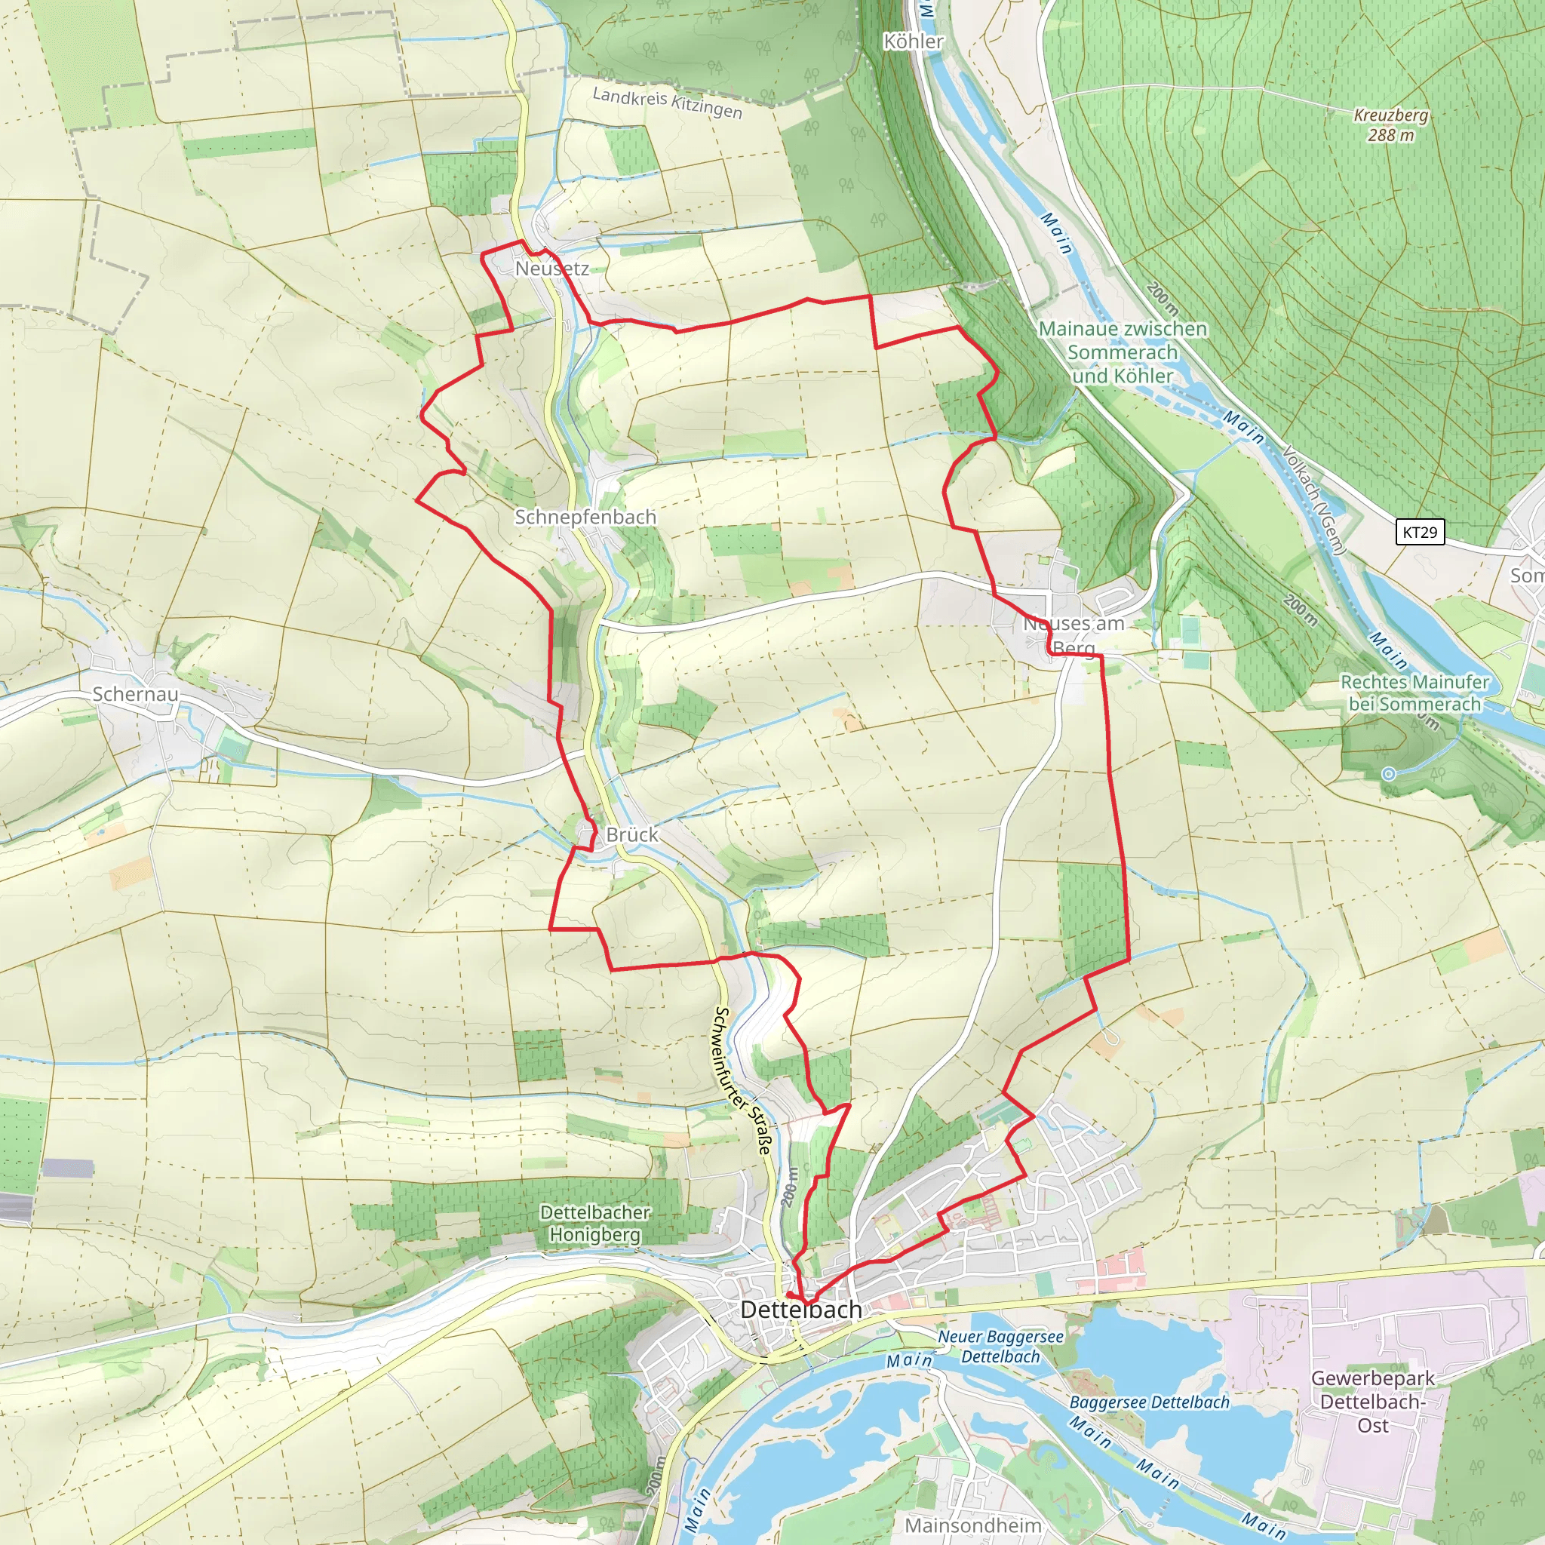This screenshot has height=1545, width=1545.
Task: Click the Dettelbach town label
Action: [801, 1310]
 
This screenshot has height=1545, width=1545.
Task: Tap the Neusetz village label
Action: [551, 269]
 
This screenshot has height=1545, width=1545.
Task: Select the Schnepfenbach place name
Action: [585, 518]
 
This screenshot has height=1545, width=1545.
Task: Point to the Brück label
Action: [631, 835]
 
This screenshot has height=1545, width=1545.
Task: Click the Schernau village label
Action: [135, 694]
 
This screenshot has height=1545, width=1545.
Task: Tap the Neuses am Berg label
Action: [1074, 635]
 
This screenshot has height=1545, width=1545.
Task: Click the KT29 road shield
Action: [1420, 533]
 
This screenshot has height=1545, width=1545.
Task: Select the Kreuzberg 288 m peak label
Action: [1390, 125]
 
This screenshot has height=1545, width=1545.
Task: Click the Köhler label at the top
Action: [914, 41]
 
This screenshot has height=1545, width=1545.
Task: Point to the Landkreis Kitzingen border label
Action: [667, 103]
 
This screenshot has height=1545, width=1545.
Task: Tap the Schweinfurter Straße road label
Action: [743, 1080]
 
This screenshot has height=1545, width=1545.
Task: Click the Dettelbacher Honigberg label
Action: [595, 1224]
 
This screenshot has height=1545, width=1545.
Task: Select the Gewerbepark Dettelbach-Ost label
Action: [1373, 1401]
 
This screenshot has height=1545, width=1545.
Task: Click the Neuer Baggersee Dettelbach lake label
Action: [1000, 1347]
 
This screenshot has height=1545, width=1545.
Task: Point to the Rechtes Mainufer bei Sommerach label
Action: [1414, 693]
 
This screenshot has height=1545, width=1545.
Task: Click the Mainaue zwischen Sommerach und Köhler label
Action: [1123, 352]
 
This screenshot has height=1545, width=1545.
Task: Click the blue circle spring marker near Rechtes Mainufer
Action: [1389, 773]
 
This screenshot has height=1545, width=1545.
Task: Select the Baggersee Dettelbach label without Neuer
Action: [1149, 1402]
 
